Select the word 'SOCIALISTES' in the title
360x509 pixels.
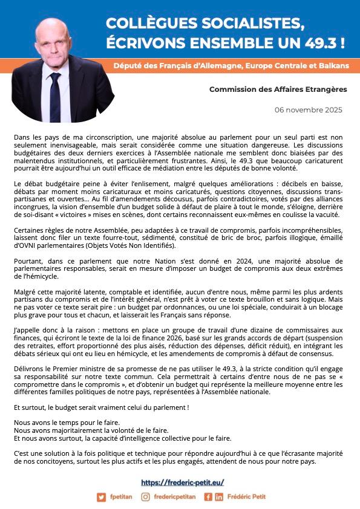pyautogui.click(x=242, y=24)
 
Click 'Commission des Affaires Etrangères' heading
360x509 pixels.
pyautogui.click(x=278, y=89)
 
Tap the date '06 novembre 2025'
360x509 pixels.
pyautogui.click(x=308, y=110)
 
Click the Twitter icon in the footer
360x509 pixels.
pyautogui.click(x=101, y=497)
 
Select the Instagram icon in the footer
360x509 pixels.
pyautogui.click(x=145, y=497)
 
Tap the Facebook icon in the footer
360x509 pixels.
pyautogui.click(x=208, y=497)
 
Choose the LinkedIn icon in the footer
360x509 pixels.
pyautogui.click(x=218, y=497)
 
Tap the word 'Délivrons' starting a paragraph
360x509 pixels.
pyautogui.click(x=30, y=367)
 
